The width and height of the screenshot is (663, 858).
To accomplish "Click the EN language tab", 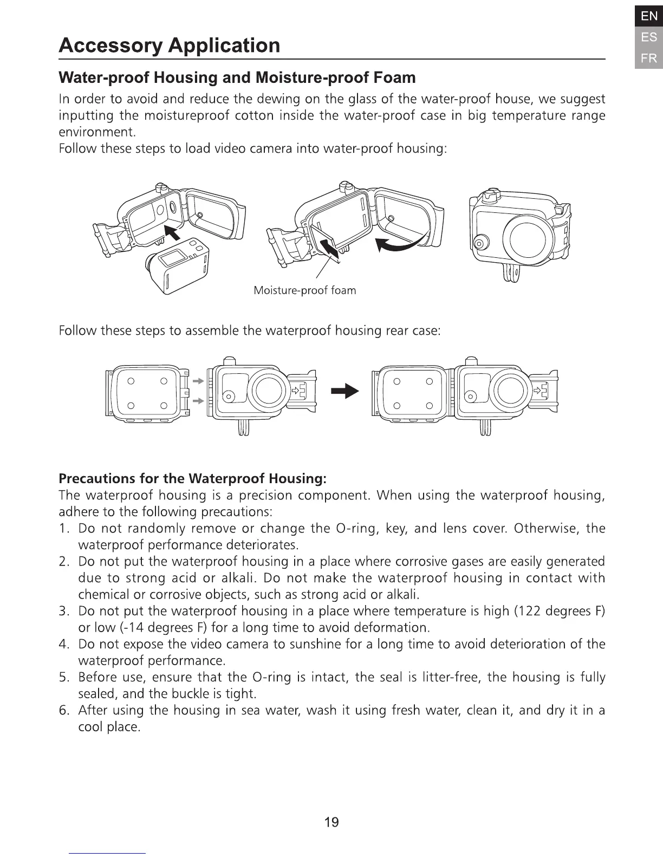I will pyautogui.click(x=648, y=16).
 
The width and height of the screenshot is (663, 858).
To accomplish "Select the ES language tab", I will pyautogui.click(x=648, y=37).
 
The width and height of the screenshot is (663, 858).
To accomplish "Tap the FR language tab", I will pyautogui.click(x=648, y=58).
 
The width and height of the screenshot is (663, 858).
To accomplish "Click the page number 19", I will pyautogui.click(x=331, y=822).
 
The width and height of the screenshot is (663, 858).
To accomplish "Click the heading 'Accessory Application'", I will pyautogui.click(x=169, y=45).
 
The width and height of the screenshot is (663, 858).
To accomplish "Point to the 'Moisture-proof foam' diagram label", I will pyautogui.click(x=305, y=290).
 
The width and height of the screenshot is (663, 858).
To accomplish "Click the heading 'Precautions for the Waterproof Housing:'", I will pyautogui.click(x=192, y=478).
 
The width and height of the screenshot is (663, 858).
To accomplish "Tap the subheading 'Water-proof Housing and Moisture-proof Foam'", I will pyautogui.click(x=237, y=77).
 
